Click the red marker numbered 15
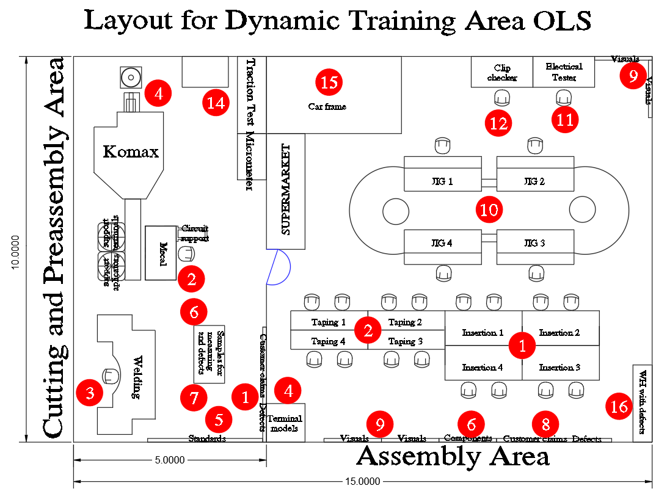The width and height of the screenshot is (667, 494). (329, 81)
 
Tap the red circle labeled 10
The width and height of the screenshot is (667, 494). (489, 209)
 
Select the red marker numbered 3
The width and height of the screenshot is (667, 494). (90, 393)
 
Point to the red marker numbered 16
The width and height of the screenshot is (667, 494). (619, 406)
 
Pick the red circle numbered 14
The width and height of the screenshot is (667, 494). (216, 103)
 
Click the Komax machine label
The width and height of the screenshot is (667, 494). (131, 151)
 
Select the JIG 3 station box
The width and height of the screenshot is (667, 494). (535, 243)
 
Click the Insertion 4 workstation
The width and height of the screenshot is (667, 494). (483, 368)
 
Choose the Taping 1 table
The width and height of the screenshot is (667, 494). (329, 322)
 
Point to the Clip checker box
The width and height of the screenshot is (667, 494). (501, 72)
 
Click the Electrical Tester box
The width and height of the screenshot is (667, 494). (564, 72)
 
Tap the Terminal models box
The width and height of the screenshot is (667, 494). (285, 423)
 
